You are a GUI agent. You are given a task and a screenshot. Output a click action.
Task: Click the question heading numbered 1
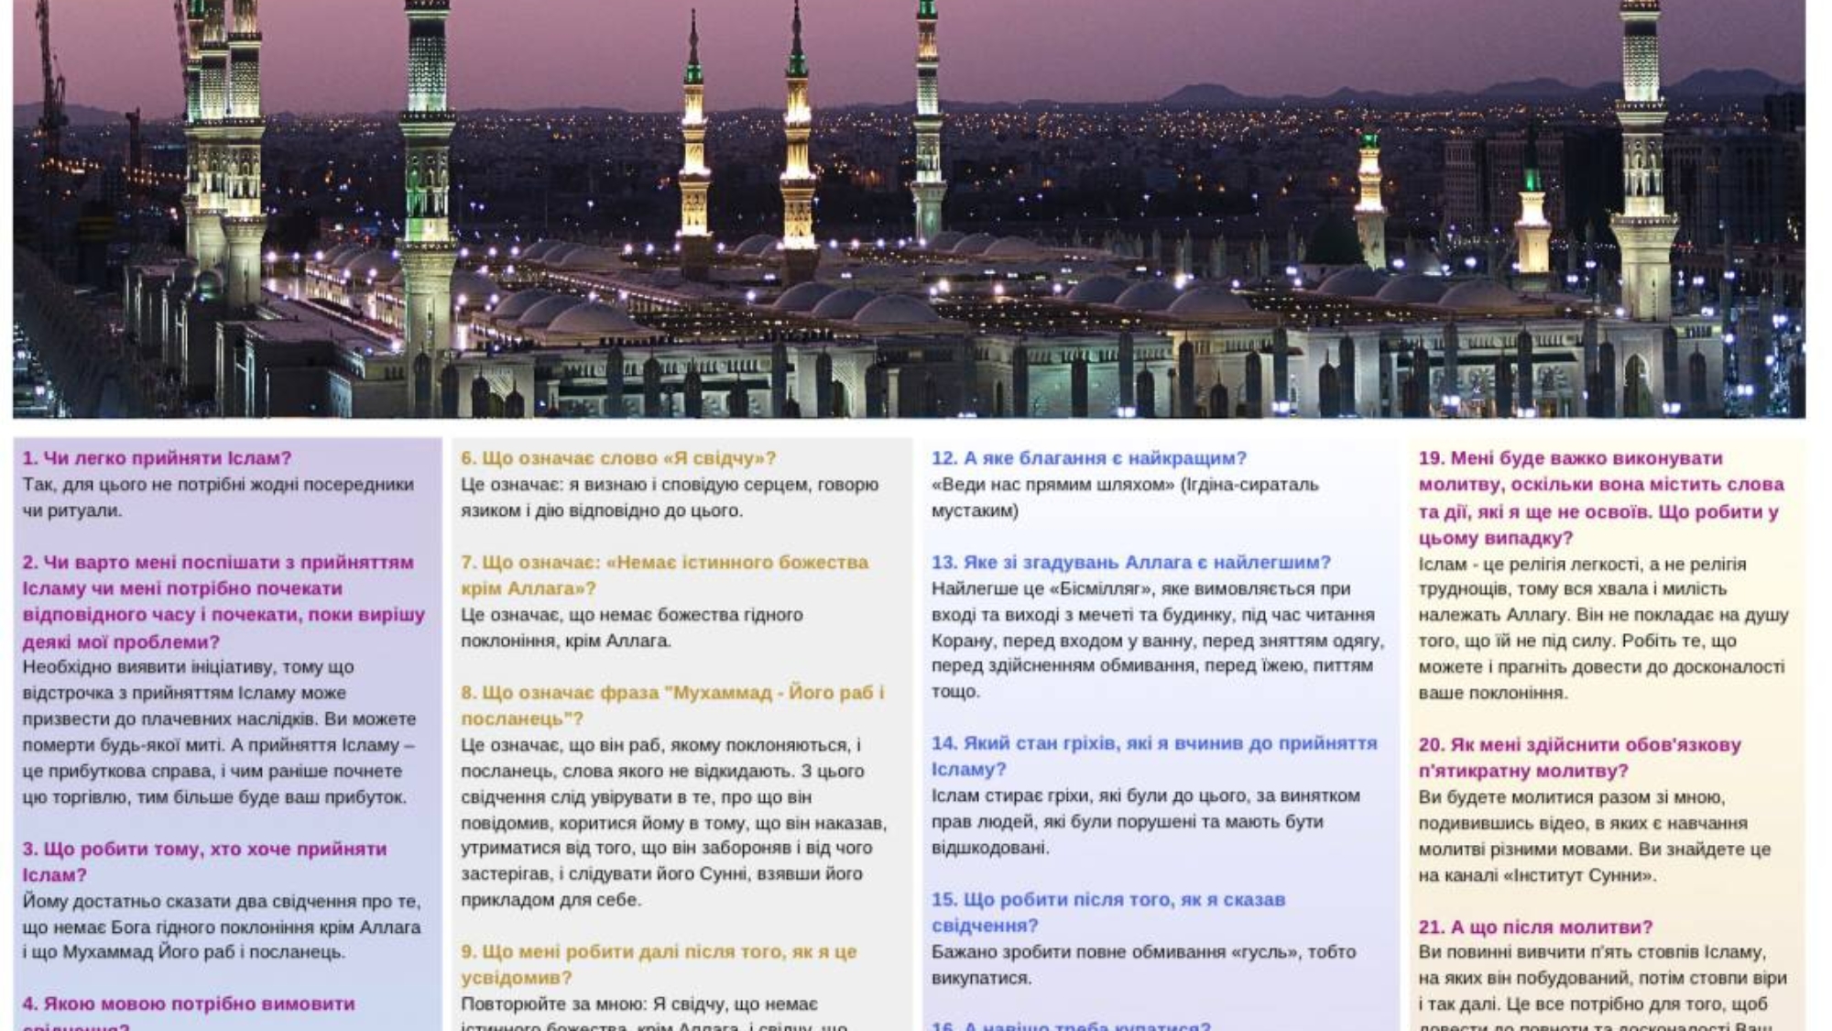coord(157,458)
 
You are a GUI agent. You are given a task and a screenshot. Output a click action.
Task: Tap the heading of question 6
coord(618,458)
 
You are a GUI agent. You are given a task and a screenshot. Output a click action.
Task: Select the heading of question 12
coord(1088,458)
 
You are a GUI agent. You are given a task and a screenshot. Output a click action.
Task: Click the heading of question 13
coord(1130,563)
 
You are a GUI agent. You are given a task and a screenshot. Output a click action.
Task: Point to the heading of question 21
coord(1535,927)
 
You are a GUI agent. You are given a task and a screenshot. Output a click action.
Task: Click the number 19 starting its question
coord(1431,458)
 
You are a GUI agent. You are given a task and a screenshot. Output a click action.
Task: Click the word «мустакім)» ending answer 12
coord(975,510)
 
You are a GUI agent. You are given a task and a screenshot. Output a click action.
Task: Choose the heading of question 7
coord(664,575)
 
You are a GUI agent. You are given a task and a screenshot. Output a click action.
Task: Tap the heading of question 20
coord(1579,758)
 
